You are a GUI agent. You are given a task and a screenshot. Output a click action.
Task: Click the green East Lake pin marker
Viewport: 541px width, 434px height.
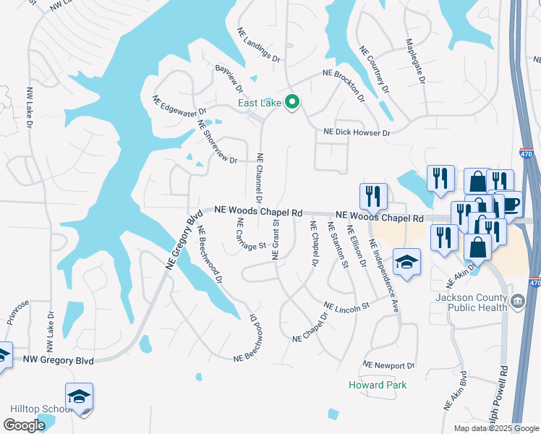pos(292,103)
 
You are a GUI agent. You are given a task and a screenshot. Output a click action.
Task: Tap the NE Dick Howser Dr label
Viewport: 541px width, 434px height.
pos(357,133)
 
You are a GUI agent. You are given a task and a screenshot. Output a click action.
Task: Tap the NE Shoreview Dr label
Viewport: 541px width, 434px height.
pos(217,142)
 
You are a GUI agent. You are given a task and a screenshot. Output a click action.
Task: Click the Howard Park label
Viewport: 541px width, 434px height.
pos(377,385)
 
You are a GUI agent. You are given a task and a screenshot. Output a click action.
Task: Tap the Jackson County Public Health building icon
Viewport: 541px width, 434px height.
pos(516,301)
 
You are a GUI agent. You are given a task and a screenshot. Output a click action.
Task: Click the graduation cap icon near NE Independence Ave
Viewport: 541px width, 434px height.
pos(407,263)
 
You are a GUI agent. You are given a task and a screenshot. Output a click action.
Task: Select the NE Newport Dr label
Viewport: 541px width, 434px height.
pos(389,366)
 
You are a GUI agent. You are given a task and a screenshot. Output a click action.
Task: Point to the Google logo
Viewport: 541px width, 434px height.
pos(25,425)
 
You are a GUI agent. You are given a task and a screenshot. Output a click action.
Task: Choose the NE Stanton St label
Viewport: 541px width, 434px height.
pos(338,244)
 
